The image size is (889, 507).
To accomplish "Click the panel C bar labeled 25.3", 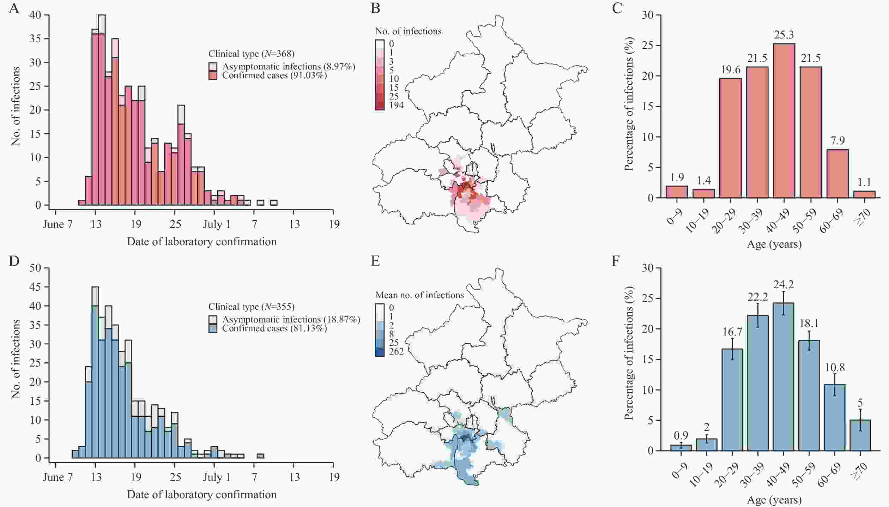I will click(x=784, y=121).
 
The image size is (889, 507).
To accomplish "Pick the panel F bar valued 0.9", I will click(x=677, y=447).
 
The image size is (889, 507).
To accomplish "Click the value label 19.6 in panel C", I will click(x=730, y=70).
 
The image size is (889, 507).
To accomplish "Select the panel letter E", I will click(x=375, y=261).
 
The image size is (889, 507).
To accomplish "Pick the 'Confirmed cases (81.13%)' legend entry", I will click(x=274, y=328).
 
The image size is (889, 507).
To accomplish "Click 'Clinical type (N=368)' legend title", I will click(x=251, y=54).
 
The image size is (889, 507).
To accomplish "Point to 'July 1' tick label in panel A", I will click(x=216, y=225).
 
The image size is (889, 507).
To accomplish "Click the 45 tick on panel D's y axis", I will click(x=36, y=288).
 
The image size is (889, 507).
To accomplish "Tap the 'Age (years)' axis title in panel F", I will click(x=774, y=500).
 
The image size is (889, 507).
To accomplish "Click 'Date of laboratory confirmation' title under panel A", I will click(x=201, y=242).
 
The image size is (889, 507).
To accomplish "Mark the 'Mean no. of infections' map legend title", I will click(x=419, y=295).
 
